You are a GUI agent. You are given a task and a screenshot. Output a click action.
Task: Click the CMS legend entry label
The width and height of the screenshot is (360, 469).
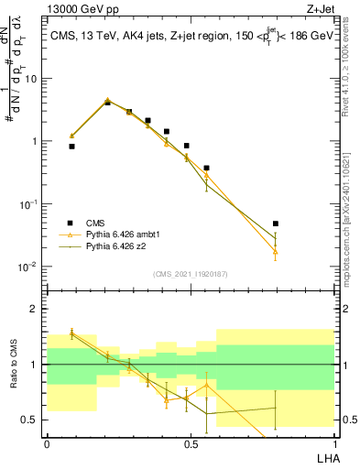tap(94, 224)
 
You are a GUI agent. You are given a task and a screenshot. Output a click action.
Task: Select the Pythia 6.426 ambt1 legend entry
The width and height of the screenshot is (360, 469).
tap(121, 235)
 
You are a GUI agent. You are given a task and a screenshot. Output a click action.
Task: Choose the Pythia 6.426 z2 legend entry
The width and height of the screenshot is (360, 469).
tap(115, 246)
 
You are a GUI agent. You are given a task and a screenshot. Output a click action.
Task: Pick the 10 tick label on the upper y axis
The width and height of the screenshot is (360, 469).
tap(32, 79)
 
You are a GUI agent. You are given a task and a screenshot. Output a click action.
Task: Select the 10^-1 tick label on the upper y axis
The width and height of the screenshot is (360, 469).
tap(30, 204)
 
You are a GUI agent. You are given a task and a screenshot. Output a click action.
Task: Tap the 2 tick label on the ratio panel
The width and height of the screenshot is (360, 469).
tap(35, 309)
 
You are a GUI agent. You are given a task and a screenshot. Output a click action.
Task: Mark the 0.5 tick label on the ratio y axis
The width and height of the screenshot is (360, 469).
tap(30, 420)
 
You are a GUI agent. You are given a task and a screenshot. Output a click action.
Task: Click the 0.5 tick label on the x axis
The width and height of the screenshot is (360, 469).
tap(191, 443)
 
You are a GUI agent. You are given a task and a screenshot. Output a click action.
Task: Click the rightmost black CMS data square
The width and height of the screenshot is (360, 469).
tap(276, 224)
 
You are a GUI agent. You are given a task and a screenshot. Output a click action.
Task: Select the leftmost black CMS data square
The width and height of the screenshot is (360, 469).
tap(71, 146)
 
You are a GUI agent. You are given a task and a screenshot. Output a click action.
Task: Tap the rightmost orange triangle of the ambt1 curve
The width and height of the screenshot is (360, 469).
tap(276, 251)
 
